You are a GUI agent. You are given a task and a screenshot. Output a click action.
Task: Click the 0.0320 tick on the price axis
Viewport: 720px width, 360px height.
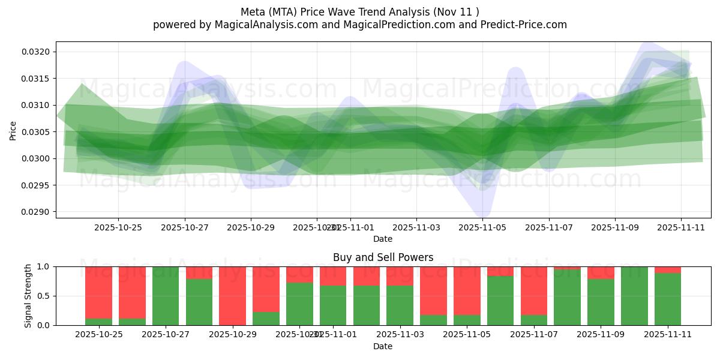click(x=37, y=52)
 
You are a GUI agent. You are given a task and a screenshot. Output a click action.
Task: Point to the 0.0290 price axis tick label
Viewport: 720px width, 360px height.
click(x=37, y=212)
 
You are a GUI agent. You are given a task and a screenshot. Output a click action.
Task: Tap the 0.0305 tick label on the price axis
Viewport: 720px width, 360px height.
click(x=37, y=132)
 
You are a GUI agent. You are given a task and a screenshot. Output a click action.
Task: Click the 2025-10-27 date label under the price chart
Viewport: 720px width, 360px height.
click(x=184, y=227)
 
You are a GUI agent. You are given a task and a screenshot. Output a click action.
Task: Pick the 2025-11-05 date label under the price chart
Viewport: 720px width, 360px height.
click(x=482, y=227)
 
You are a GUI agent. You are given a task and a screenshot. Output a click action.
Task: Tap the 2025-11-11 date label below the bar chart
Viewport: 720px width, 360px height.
click(x=668, y=335)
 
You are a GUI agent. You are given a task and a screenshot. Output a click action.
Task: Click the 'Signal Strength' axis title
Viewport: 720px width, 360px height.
click(x=28, y=296)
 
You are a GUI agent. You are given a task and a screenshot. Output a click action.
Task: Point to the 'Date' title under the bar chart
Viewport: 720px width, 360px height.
click(x=383, y=346)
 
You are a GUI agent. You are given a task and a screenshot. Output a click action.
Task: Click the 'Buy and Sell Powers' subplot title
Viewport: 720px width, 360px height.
click(x=383, y=257)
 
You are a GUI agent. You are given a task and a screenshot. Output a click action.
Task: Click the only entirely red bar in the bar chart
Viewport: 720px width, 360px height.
click(x=232, y=296)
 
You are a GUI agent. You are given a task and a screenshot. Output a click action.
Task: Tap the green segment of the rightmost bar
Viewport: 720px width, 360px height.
click(x=668, y=299)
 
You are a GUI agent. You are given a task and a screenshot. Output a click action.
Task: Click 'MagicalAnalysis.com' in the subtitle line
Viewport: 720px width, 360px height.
click(x=261, y=25)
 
